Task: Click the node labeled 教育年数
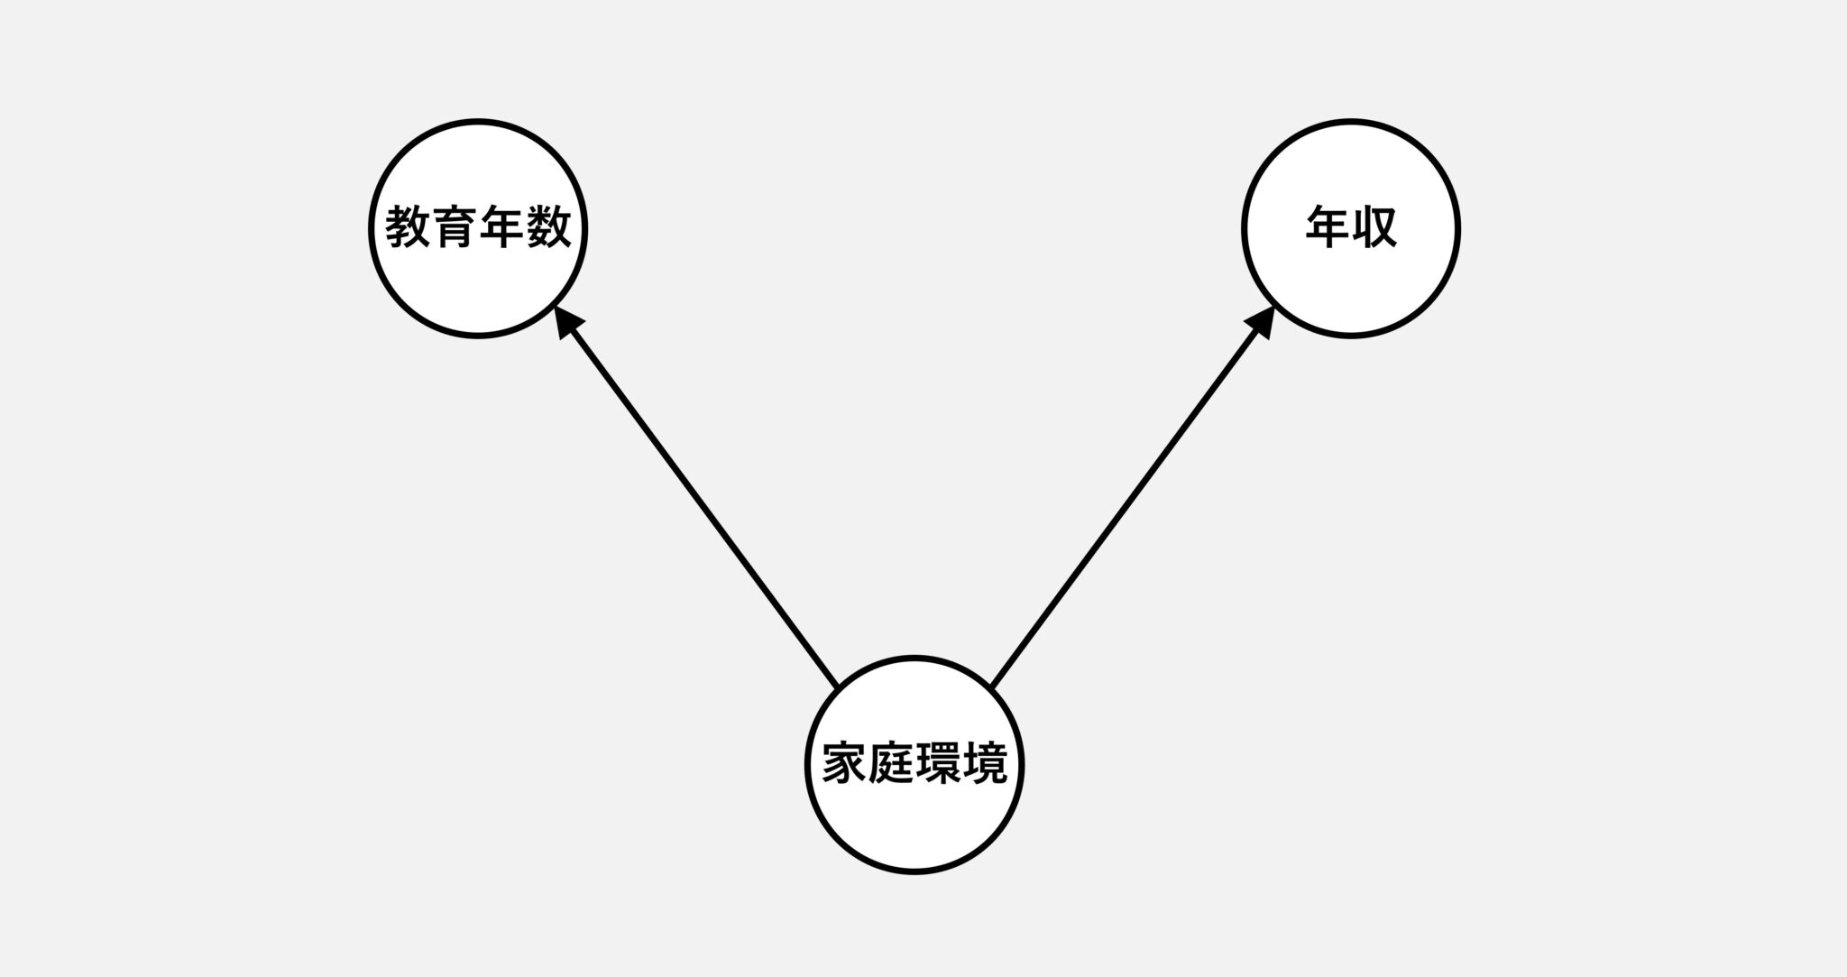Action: (x=478, y=228)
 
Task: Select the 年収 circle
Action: (x=1351, y=228)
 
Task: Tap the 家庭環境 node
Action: (x=914, y=765)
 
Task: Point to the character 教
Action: (x=408, y=227)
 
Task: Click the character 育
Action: (x=455, y=227)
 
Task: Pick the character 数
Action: (x=548, y=227)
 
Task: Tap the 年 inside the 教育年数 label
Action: (x=501, y=227)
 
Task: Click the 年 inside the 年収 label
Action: (x=1328, y=227)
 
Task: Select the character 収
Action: (x=1374, y=227)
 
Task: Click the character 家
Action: (x=844, y=764)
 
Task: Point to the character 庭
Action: (x=891, y=764)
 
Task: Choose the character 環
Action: (x=938, y=764)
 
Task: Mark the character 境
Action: (x=985, y=764)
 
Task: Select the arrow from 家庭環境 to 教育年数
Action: (x=696, y=495)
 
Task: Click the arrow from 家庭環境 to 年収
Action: (x=1133, y=495)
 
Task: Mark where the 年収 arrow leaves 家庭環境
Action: (x=991, y=686)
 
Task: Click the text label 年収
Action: (x=1351, y=227)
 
